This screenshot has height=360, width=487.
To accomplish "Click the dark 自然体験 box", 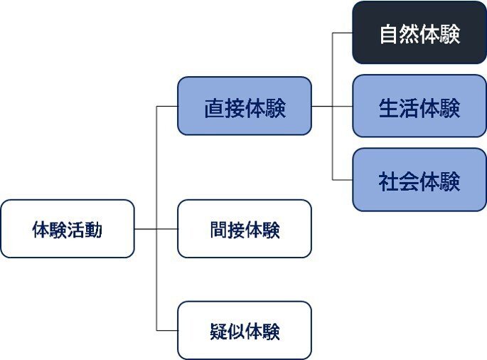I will click(419, 33).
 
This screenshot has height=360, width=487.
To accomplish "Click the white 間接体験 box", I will click(245, 229).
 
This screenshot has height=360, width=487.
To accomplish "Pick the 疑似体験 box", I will click(245, 330).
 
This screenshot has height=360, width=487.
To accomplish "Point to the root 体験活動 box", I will click(68, 229).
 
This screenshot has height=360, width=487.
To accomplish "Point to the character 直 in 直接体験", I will click(213, 108).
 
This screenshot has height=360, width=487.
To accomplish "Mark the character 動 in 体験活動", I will click(94, 230).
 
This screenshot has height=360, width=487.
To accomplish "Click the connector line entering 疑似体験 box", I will click(167, 330).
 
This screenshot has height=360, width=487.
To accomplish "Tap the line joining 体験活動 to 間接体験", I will click(156, 229).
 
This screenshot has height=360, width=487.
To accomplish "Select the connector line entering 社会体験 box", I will click(343, 180).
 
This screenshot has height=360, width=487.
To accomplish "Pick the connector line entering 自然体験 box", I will click(343, 33).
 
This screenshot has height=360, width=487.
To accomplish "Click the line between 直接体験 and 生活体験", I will click(332, 107).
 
